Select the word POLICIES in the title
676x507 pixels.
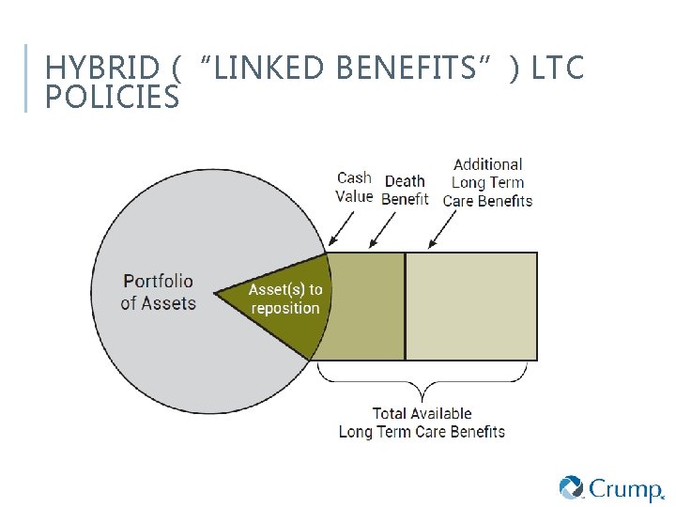click(112, 96)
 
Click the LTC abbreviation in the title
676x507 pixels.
click(557, 69)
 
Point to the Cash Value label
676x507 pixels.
click(354, 187)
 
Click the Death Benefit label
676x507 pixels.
click(405, 190)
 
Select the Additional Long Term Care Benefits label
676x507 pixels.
click(487, 182)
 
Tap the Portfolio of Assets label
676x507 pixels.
click(159, 292)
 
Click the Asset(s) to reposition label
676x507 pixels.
click(284, 299)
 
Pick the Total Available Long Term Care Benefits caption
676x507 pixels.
click(422, 422)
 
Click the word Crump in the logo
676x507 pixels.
click(624, 488)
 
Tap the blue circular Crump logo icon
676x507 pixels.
click(572, 488)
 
